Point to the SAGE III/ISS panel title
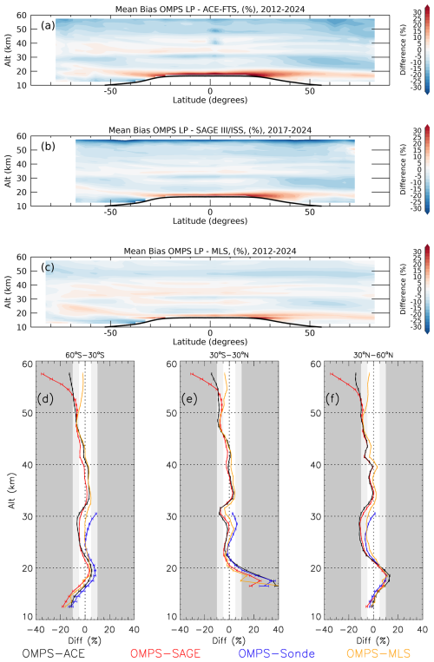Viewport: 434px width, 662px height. [x=210, y=131]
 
